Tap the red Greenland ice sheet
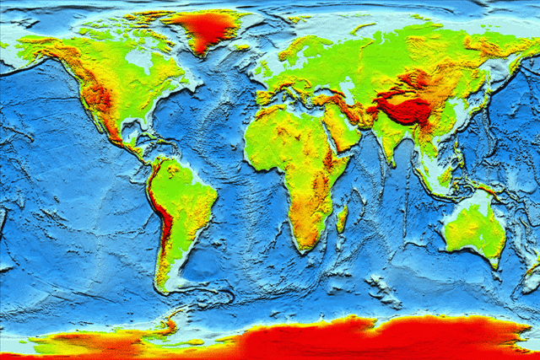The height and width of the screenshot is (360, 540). pyautogui.click(x=202, y=30)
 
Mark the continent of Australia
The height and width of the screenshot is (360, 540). pyautogui.click(x=473, y=226)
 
